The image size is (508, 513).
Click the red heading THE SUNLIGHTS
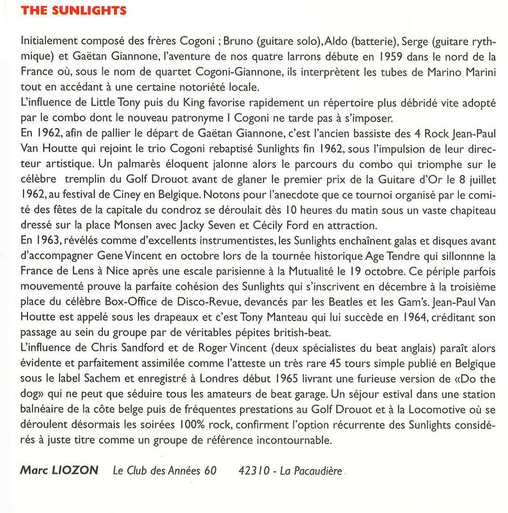[x=73, y=11]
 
